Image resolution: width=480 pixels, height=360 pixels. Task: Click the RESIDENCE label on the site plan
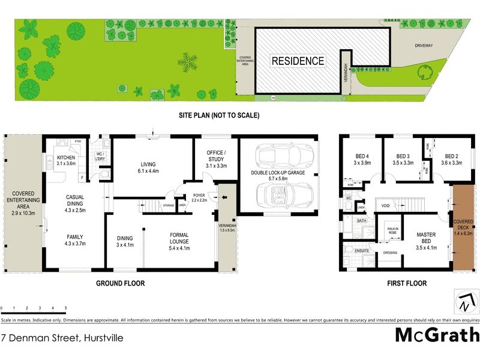(x=298, y=61)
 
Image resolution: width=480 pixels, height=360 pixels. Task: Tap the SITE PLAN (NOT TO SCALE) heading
(x=218, y=116)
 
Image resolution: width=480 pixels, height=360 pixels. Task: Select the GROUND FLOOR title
(x=120, y=283)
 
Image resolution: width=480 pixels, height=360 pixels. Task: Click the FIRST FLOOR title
(x=407, y=283)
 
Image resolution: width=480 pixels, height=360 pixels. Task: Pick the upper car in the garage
(x=279, y=158)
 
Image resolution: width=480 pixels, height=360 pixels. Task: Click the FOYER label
(x=199, y=196)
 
